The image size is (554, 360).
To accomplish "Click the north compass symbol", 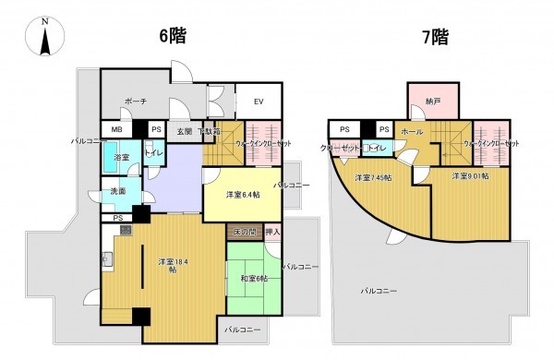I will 44,37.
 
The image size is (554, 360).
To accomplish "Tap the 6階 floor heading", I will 174,36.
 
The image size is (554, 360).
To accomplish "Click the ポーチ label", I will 137,102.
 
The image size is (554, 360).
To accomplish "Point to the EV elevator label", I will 259,102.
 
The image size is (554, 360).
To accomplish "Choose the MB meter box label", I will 117,130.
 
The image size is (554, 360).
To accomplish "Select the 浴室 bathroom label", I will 121,158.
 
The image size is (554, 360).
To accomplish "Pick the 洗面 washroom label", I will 118,191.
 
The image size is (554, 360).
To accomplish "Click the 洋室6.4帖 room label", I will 243,195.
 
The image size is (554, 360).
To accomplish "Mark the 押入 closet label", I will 272,231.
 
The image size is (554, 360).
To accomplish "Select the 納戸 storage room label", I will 432,102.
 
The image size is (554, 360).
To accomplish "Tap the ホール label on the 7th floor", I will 413,132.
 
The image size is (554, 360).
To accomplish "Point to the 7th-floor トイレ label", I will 377,147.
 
